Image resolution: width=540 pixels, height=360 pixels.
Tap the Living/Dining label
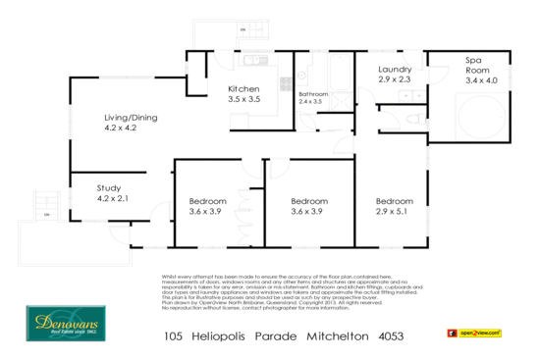pyautogui.click(x=131, y=118)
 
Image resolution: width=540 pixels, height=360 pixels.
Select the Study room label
pyautogui.click(x=108, y=187)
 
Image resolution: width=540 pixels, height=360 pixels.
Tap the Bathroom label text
pyautogui.click(x=313, y=94)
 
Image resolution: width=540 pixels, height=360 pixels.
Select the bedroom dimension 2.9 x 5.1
pyautogui.click(x=394, y=211)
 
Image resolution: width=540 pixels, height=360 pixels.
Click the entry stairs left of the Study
pyautogui.click(x=45, y=203)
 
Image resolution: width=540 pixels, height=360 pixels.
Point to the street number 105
pyautogui.click(x=173, y=335)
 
